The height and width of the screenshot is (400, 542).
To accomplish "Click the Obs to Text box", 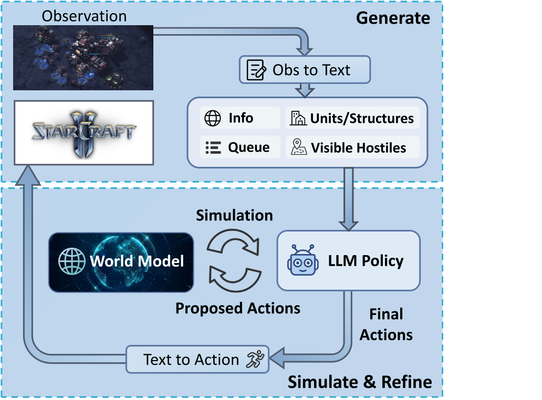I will click(x=305, y=70).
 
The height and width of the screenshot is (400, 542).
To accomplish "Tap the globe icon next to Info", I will click(x=212, y=119).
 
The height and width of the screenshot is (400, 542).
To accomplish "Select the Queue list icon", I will click(x=212, y=148).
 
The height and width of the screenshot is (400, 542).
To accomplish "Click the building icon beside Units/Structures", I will click(x=298, y=119).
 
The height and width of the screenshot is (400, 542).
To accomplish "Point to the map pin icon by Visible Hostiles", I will click(x=298, y=148).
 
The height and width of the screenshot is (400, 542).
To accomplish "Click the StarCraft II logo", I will click(x=84, y=132).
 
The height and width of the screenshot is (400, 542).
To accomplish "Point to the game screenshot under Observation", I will click(x=83, y=57).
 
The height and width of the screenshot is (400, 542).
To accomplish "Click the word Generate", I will click(x=393, y=18).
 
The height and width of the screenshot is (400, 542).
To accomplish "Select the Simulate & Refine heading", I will click(x=360, y=382).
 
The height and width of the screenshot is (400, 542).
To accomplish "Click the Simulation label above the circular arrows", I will click(x=234, y=216).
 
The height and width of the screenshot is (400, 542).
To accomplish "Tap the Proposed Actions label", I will click(x=238, y=308).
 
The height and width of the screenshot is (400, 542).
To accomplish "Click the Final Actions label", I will click(x=386, y=324).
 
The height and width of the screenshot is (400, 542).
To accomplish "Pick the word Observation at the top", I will click(x=84, y=16).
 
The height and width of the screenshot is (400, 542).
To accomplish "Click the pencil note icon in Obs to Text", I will click(x=256, y=70).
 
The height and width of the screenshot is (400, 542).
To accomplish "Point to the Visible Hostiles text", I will click(x=359, y=148).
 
